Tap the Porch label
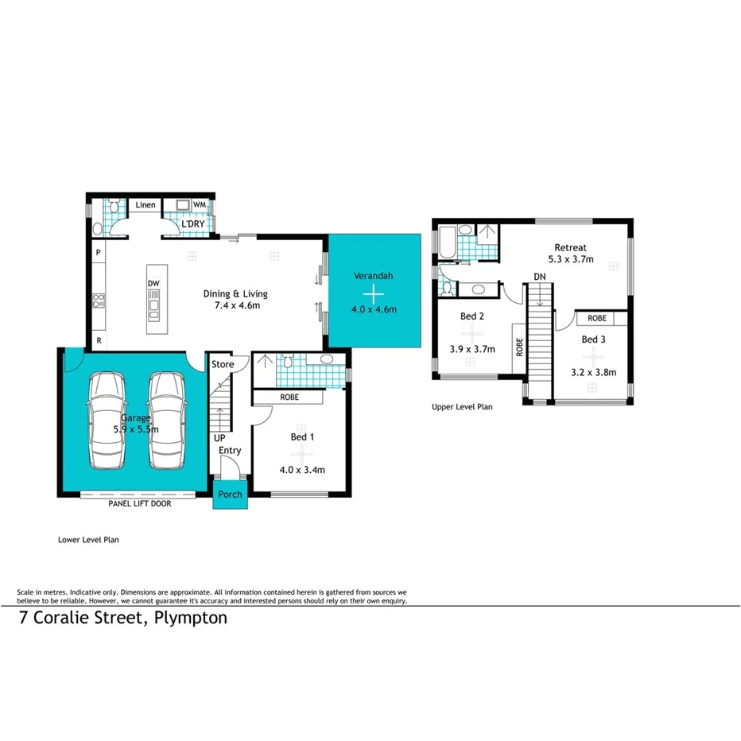click(x=231, y=495)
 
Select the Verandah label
click(x=374, y=277)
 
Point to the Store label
click(x=223, y=365)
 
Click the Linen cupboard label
click(x=145, y=206)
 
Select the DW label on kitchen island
click(x=153, y=283)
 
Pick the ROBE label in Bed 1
click(x=289, y=396)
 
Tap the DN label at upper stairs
click(x=540, y=276)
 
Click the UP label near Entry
click(x=219, y=438)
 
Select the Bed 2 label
click(x=472, y=316)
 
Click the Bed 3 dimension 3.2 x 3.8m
click(x=593, y=371)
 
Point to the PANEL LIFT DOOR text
click(x=140, y=503)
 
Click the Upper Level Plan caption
click(x=462, y=407)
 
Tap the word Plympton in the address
click(x=191, y=618)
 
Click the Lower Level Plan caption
click(x=88, y=539)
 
